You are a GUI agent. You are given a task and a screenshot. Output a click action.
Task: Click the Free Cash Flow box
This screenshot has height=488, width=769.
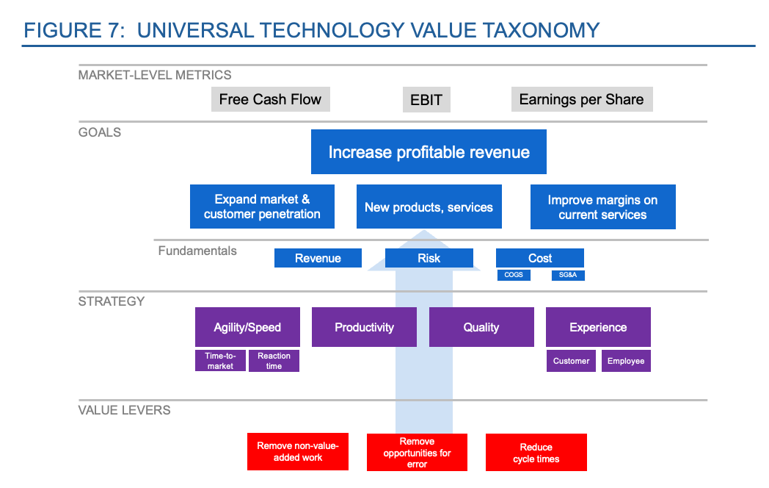[270, 99]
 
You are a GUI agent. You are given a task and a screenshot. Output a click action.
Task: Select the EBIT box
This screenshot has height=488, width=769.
[426, 99]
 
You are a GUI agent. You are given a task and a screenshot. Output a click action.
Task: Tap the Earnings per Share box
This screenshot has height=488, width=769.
[581, 99]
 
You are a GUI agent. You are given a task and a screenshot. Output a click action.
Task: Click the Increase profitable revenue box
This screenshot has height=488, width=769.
[429, 152]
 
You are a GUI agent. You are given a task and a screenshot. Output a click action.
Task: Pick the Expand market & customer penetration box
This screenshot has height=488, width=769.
[262, 207]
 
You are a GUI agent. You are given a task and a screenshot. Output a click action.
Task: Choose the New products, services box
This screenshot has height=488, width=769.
[429, 207]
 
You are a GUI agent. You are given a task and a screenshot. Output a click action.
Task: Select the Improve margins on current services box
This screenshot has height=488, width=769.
[602, 207]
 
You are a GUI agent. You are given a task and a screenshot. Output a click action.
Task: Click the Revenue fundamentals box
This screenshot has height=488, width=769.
[318, 258]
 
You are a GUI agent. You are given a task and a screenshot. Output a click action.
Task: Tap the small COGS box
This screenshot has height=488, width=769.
[514, 275]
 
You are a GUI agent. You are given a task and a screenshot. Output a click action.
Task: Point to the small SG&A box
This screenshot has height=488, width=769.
[568, 275]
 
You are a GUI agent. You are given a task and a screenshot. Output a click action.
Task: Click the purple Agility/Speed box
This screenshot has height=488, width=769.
[247, 327]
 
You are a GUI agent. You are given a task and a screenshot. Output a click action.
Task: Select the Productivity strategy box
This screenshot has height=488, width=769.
[364, 327]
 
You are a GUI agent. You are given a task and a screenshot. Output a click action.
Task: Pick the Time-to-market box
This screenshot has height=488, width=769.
[220, 361]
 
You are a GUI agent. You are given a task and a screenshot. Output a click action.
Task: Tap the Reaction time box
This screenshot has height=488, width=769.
[274, 361]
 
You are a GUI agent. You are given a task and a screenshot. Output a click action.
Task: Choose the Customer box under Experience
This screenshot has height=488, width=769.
[571, 361]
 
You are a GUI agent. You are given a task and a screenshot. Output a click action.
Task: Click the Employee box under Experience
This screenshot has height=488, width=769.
[626, 361]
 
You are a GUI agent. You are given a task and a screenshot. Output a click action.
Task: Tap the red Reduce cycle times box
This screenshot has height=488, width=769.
[536, 453]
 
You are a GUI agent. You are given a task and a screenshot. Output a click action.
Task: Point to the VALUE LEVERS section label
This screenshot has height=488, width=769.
[124, 410]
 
